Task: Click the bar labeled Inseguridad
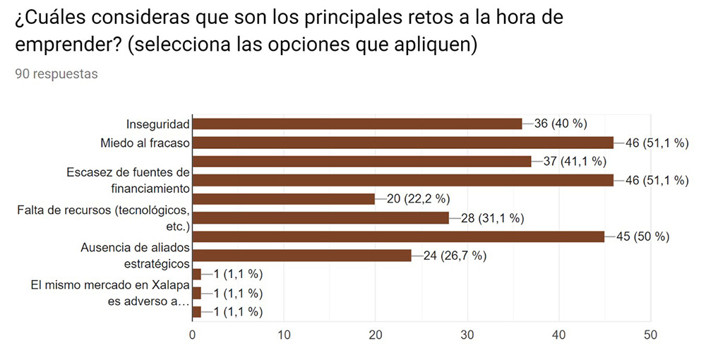tap(357, 124)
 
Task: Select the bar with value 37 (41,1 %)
tap(361, 162)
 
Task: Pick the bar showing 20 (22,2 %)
tap(283, 199)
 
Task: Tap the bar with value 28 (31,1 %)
tap(321, 217)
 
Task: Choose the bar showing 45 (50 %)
tap(398, 236)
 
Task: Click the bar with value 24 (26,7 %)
tap(302, 256)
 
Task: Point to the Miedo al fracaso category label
tap(145, 143)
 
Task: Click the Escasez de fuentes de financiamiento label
tap(128, 180)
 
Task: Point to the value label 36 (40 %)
tap(561, 124)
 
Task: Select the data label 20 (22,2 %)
tap(418, 199)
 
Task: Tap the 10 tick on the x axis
tap(284, 335)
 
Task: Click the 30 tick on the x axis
tap(467, 335)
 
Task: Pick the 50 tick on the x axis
tap(651, 335)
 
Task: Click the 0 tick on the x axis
tap(193, 335)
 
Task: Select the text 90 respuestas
tap(56, 74)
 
